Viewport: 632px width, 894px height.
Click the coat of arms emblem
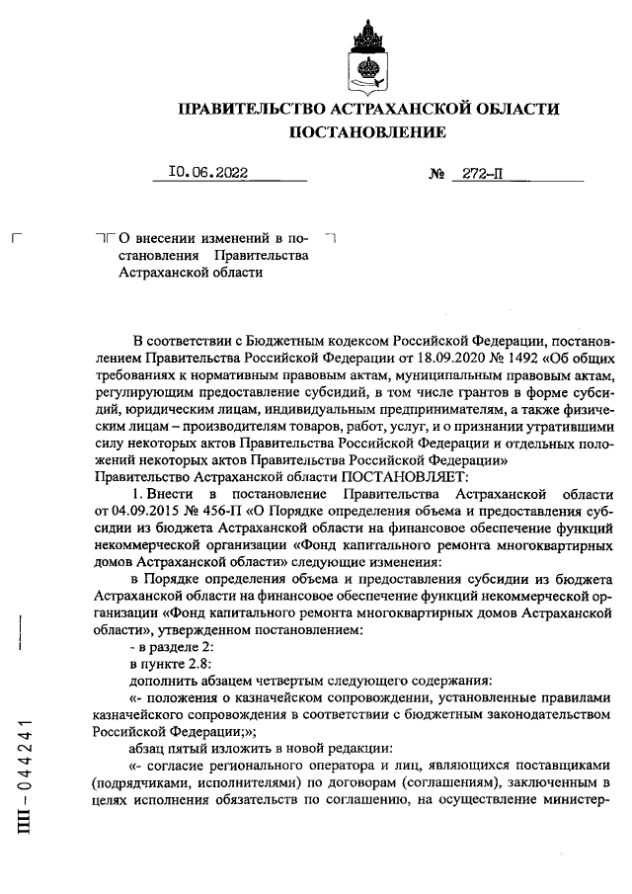coord(367,54)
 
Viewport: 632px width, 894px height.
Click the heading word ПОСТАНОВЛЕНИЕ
coord(366,131)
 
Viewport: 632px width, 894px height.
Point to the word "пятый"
coord(195,749)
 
